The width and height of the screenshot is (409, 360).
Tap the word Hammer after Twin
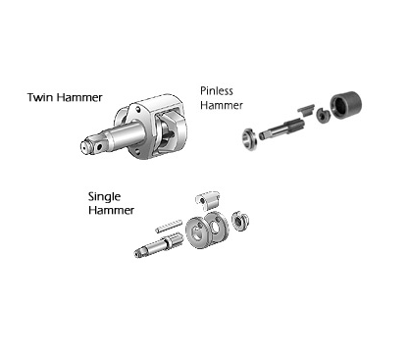coord(77,97)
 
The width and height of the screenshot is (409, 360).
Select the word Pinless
coord(217,90)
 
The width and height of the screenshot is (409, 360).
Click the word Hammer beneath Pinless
coord(222,105)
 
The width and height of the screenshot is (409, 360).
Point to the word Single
coord(104,197)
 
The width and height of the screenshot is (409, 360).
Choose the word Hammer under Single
coord(111,210)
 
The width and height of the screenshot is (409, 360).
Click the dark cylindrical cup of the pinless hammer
coord(346,105)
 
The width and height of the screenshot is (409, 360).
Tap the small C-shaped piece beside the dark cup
coord(323,116)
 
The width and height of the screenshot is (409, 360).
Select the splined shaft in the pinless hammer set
coord(281,129)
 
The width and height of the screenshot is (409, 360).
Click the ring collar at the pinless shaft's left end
coord(250,139)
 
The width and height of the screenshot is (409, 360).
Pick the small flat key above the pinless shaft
coord(306,110)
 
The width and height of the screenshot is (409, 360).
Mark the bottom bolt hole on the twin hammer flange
coord(137,151)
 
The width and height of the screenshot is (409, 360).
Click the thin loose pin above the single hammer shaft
coord(169,226)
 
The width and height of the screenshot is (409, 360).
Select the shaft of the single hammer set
coord(157,245)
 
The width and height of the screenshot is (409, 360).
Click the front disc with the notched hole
coord(198,232)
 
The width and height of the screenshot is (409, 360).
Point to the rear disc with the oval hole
coord(217,226)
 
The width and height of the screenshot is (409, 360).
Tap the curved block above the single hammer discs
coord(208,200)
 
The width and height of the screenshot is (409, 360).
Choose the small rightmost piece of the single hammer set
coord(240,222)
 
